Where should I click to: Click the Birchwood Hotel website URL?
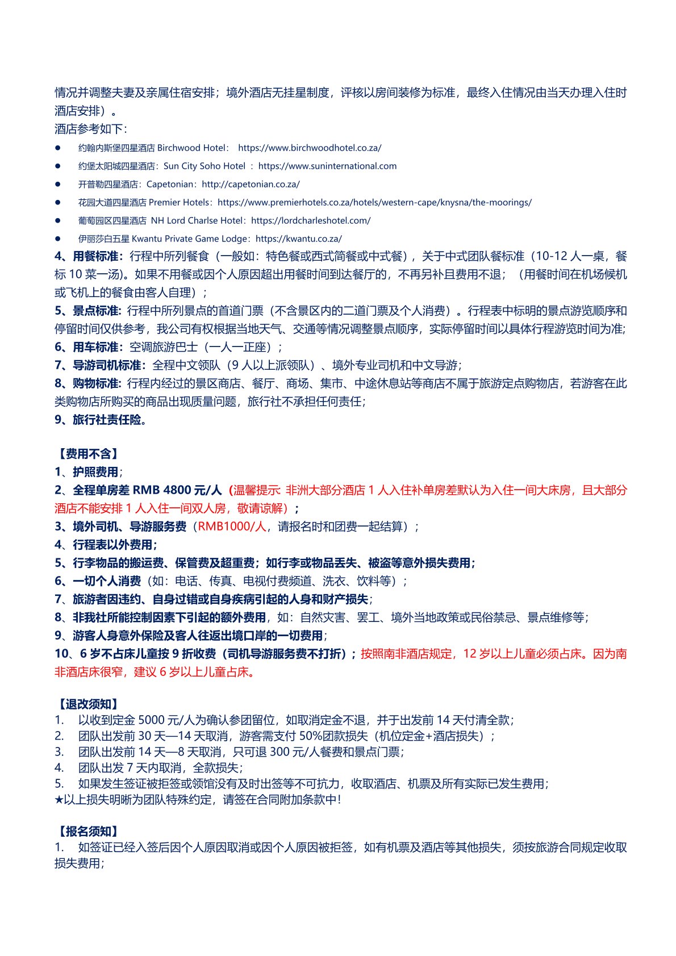310,148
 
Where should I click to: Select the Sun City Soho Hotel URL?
327,166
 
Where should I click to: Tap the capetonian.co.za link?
251,184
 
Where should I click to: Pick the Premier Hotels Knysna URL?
374,202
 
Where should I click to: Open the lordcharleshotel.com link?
311,220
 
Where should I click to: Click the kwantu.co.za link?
299,239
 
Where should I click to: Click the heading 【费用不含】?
89,454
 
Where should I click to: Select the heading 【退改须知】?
89,704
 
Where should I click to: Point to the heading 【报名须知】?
89,832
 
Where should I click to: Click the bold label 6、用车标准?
89,347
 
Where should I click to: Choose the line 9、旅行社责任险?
101,420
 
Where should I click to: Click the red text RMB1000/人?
232,527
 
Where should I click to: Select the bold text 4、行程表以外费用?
106,545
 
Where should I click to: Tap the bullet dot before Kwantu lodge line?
58,239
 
